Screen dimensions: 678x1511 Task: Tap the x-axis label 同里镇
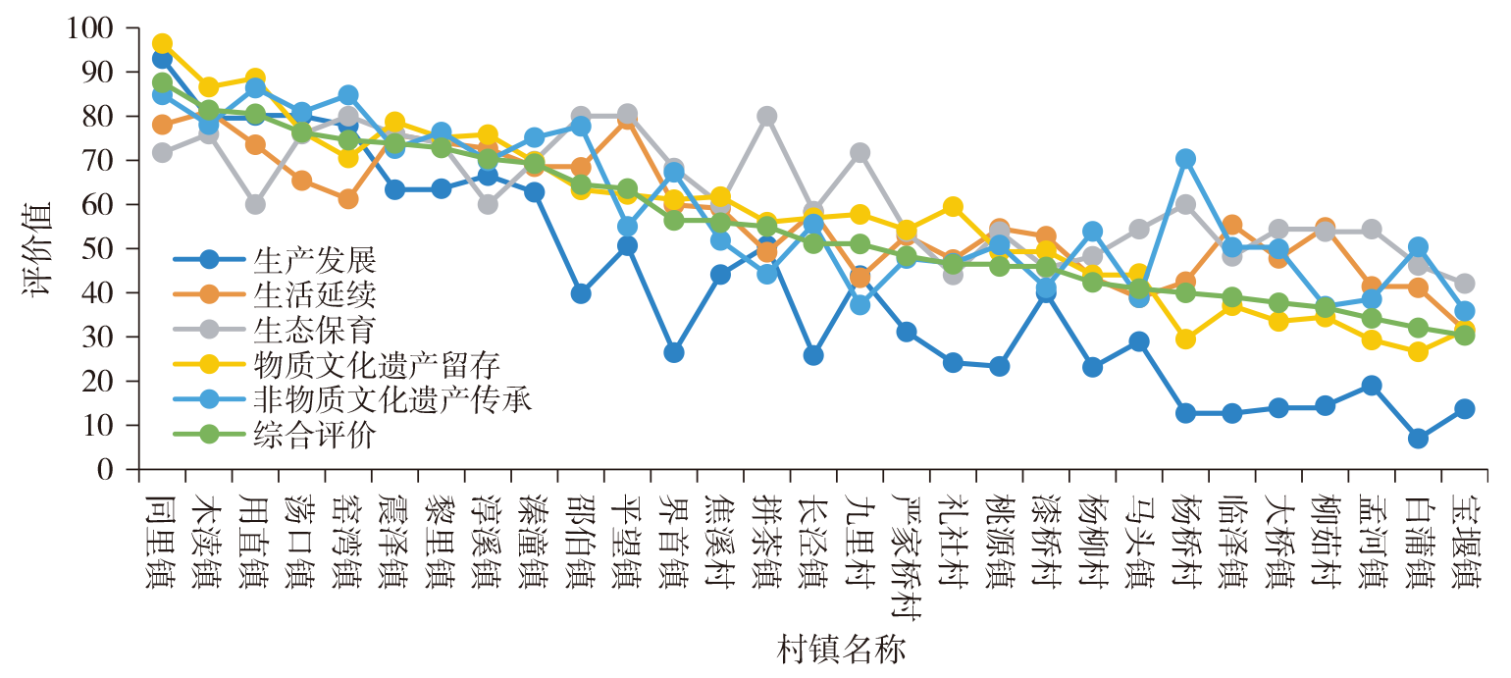click(x=162, y=531)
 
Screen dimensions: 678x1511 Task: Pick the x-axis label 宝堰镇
click(x=1465, y=531)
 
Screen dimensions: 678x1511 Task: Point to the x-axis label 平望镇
click(x=627, y=531)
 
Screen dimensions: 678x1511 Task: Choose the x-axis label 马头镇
click(x=1139, y=531)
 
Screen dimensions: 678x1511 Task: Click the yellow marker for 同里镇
click(x=163, y=44)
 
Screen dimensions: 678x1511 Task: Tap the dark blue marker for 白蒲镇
click(x=1418, y=439)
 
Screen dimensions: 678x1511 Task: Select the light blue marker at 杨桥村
click(x=1185, y=159)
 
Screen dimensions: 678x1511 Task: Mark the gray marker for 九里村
click(x=860, y=153)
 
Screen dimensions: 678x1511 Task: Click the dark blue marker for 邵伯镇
click(x=581, y=293)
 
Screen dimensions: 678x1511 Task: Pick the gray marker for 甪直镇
click(x=255, y=204)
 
